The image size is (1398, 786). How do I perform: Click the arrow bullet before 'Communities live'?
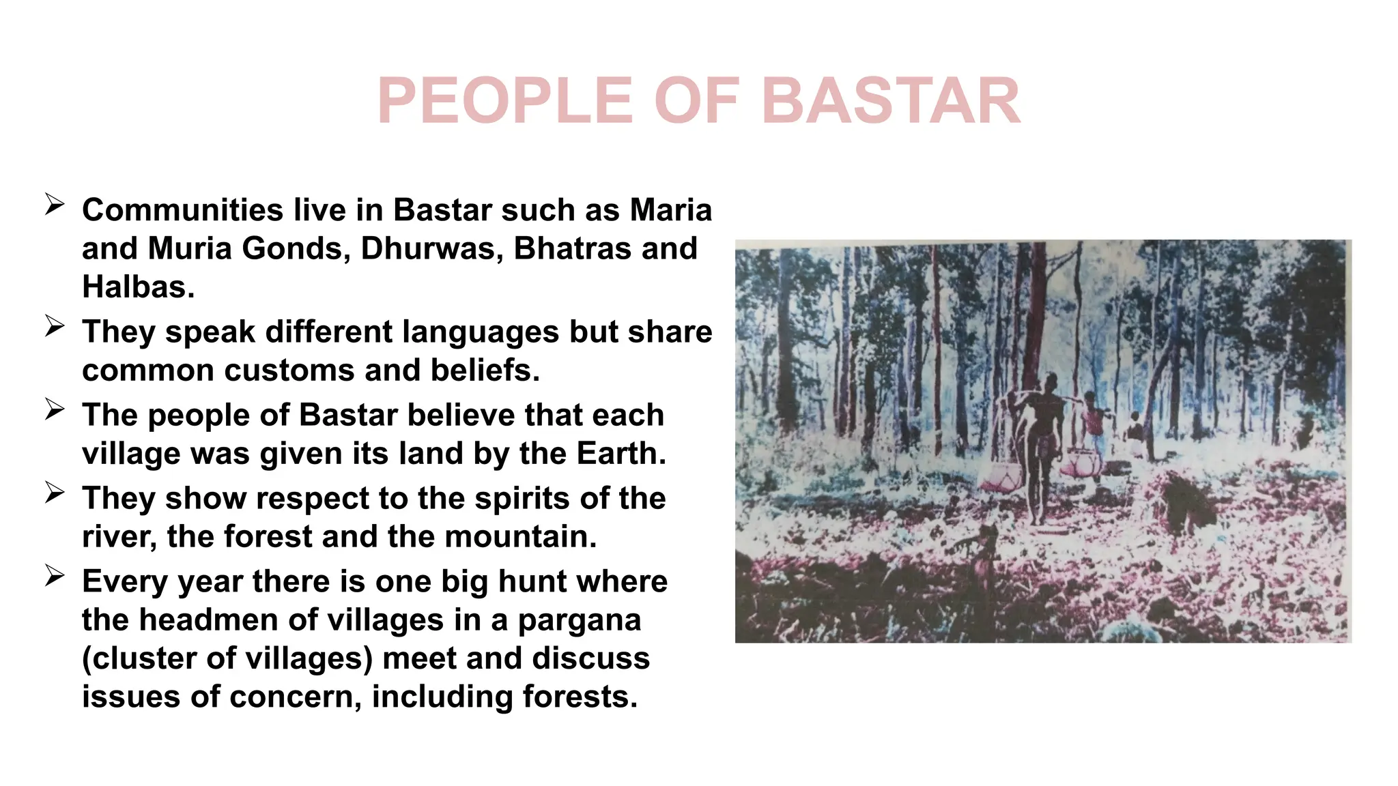coord(55,204)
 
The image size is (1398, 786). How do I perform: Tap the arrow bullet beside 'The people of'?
coord(55,409)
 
